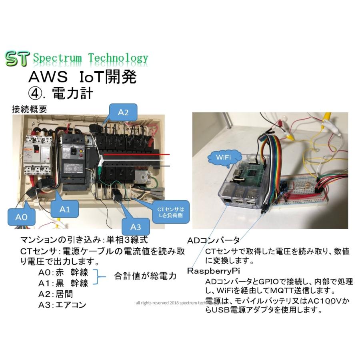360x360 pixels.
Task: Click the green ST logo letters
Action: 17,59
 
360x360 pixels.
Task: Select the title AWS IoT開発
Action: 82,77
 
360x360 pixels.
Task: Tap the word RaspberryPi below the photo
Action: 214,271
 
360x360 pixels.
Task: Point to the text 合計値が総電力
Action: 146,276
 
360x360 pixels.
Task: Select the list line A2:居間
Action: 56,294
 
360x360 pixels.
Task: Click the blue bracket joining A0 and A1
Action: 98,277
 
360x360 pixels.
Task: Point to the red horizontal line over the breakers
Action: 136,154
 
